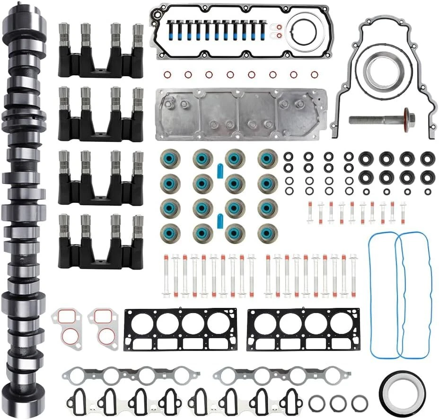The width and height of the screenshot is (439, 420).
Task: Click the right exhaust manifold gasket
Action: coord(277,376)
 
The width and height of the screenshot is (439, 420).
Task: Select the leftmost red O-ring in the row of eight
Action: coord(167,74)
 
